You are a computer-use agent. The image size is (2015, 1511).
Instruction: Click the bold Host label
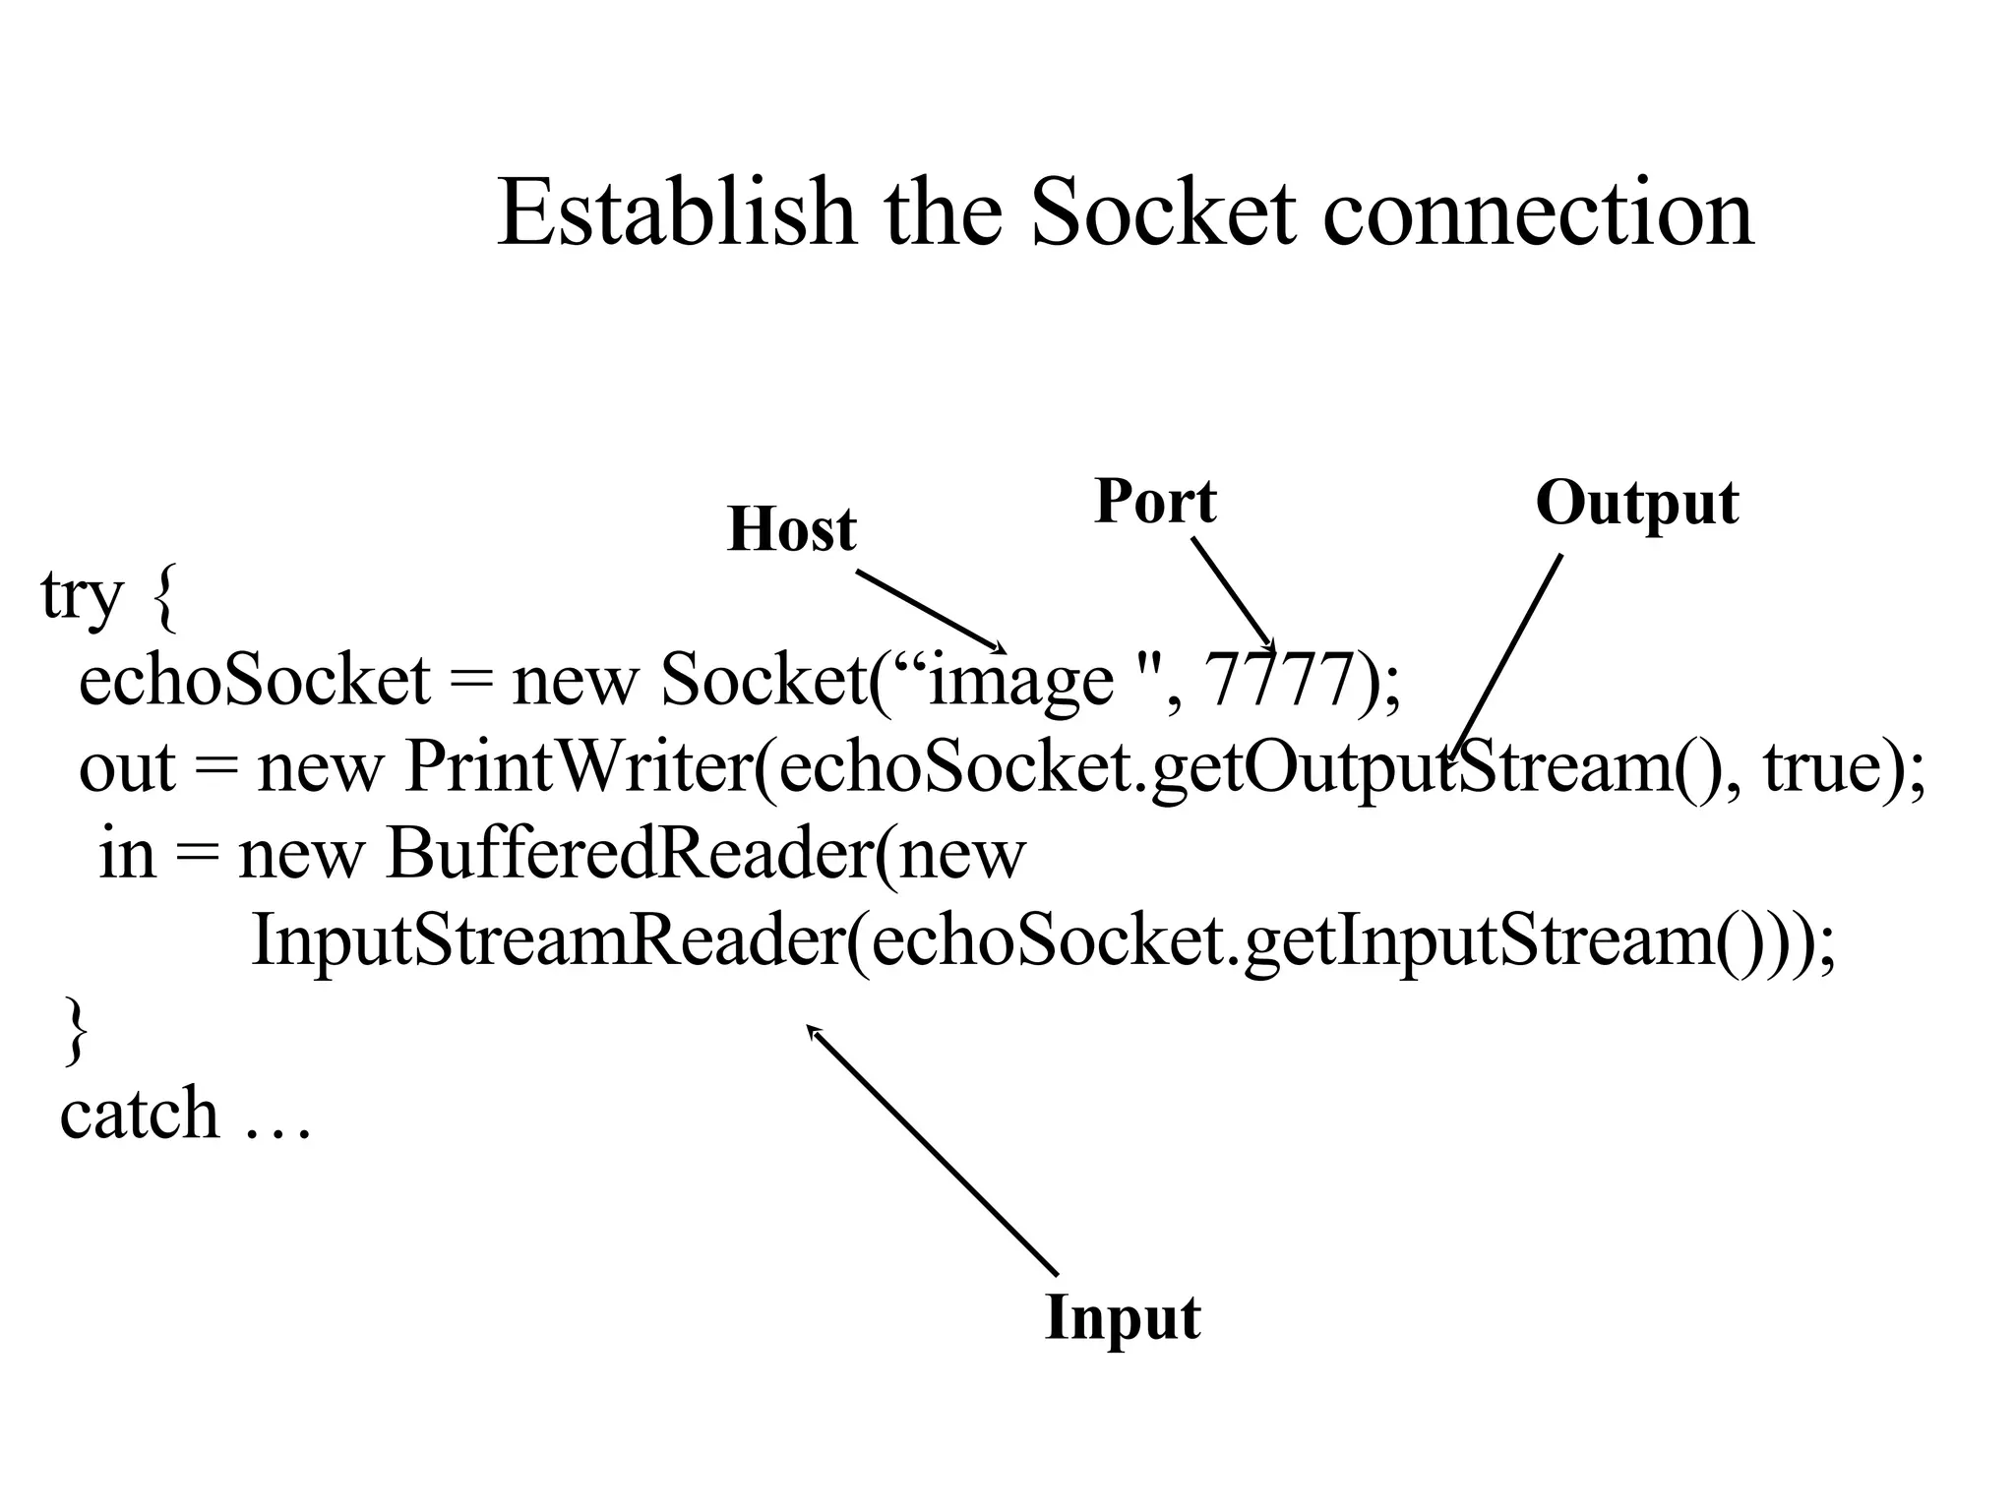coord(792,529)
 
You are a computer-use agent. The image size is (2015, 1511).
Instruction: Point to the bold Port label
coord(1155,501)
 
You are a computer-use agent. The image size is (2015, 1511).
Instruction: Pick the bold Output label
coord(1637,503)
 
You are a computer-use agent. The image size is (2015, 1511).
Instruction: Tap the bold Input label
coord(1123,1317)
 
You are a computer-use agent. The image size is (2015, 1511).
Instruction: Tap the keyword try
coord(83,596)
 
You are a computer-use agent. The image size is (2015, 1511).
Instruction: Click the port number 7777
coord(1280,681)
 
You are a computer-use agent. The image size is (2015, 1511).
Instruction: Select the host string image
coord(1021,681)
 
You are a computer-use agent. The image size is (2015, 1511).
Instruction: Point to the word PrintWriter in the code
coord(579,766)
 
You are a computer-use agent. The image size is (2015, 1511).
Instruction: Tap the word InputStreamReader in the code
coord(546,939)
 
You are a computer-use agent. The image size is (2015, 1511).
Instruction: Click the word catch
coord(139,1114)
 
